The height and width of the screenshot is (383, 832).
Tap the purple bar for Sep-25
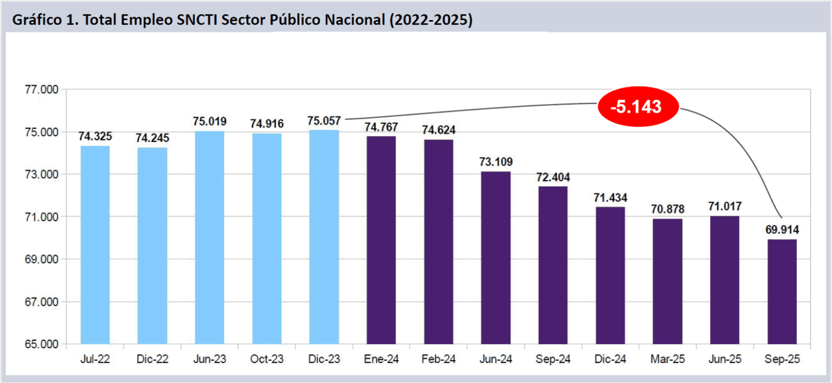click(781, 291)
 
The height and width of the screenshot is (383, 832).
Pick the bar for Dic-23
click(324, 237)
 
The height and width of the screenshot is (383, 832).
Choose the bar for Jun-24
click(495, 257)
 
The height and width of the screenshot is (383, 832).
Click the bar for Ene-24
click(381, 239)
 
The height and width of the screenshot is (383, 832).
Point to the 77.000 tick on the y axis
click(42, 90)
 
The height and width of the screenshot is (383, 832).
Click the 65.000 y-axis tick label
click(42, 345)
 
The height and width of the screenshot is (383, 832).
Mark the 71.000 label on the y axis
click(42, 217)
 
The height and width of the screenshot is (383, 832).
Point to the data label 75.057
click(324, 121)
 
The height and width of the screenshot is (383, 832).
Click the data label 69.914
click(781, 230)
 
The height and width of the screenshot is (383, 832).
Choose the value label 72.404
click(552, 177)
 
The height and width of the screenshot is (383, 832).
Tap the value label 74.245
click(152, 138)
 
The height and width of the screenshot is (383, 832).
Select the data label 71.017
click(725, 206)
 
